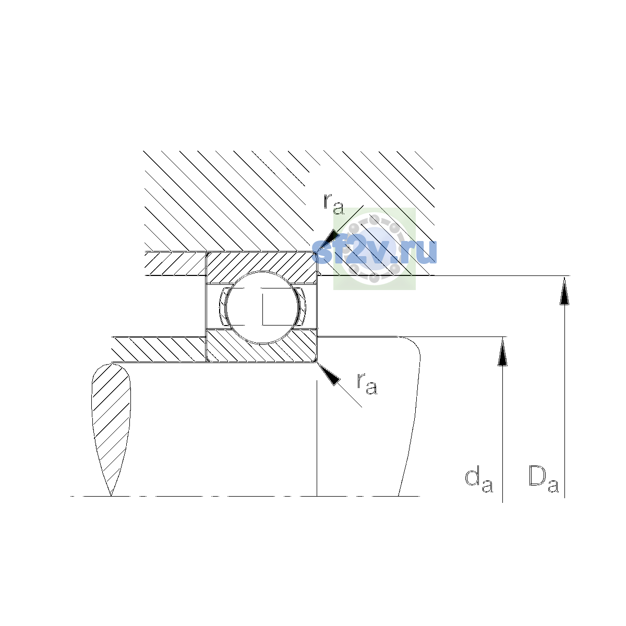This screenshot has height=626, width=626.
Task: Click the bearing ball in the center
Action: coord(262,307)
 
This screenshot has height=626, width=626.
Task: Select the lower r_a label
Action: coord(367,384)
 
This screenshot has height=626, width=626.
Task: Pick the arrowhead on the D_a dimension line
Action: coord(564,291)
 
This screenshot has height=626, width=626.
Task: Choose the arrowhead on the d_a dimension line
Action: coord(502,352)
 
